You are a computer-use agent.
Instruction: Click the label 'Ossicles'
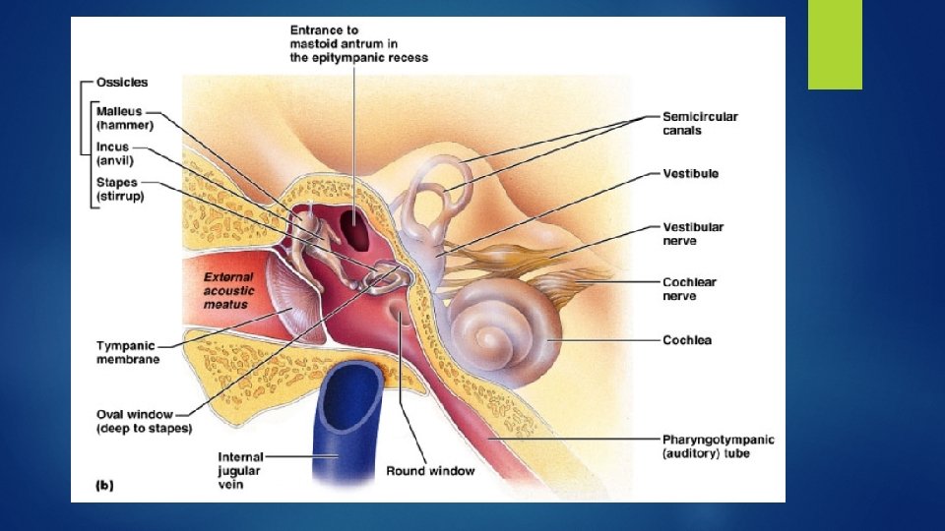[x=122, y=82]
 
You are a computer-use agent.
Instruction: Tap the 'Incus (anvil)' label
[x=114, y=153]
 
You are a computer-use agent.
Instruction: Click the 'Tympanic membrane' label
[x=127, y=352]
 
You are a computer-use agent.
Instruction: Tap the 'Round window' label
[x=430, y=471]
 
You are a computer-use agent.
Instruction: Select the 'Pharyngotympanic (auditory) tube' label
[x=718, y=445]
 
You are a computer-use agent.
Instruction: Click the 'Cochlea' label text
[x=686, y=340]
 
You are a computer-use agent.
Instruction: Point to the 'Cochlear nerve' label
[x=689, y=289]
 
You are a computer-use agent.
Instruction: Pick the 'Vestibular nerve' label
[x=692, y=233]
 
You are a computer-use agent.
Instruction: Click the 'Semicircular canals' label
[x=699, y=123]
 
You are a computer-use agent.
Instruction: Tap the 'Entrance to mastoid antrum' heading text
[x=358, y=44]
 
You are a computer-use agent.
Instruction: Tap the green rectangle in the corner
[x=835, y=44]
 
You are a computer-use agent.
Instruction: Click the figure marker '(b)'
[x=102, y=485]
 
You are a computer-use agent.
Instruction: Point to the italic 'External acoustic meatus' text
[x=228, y=291]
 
